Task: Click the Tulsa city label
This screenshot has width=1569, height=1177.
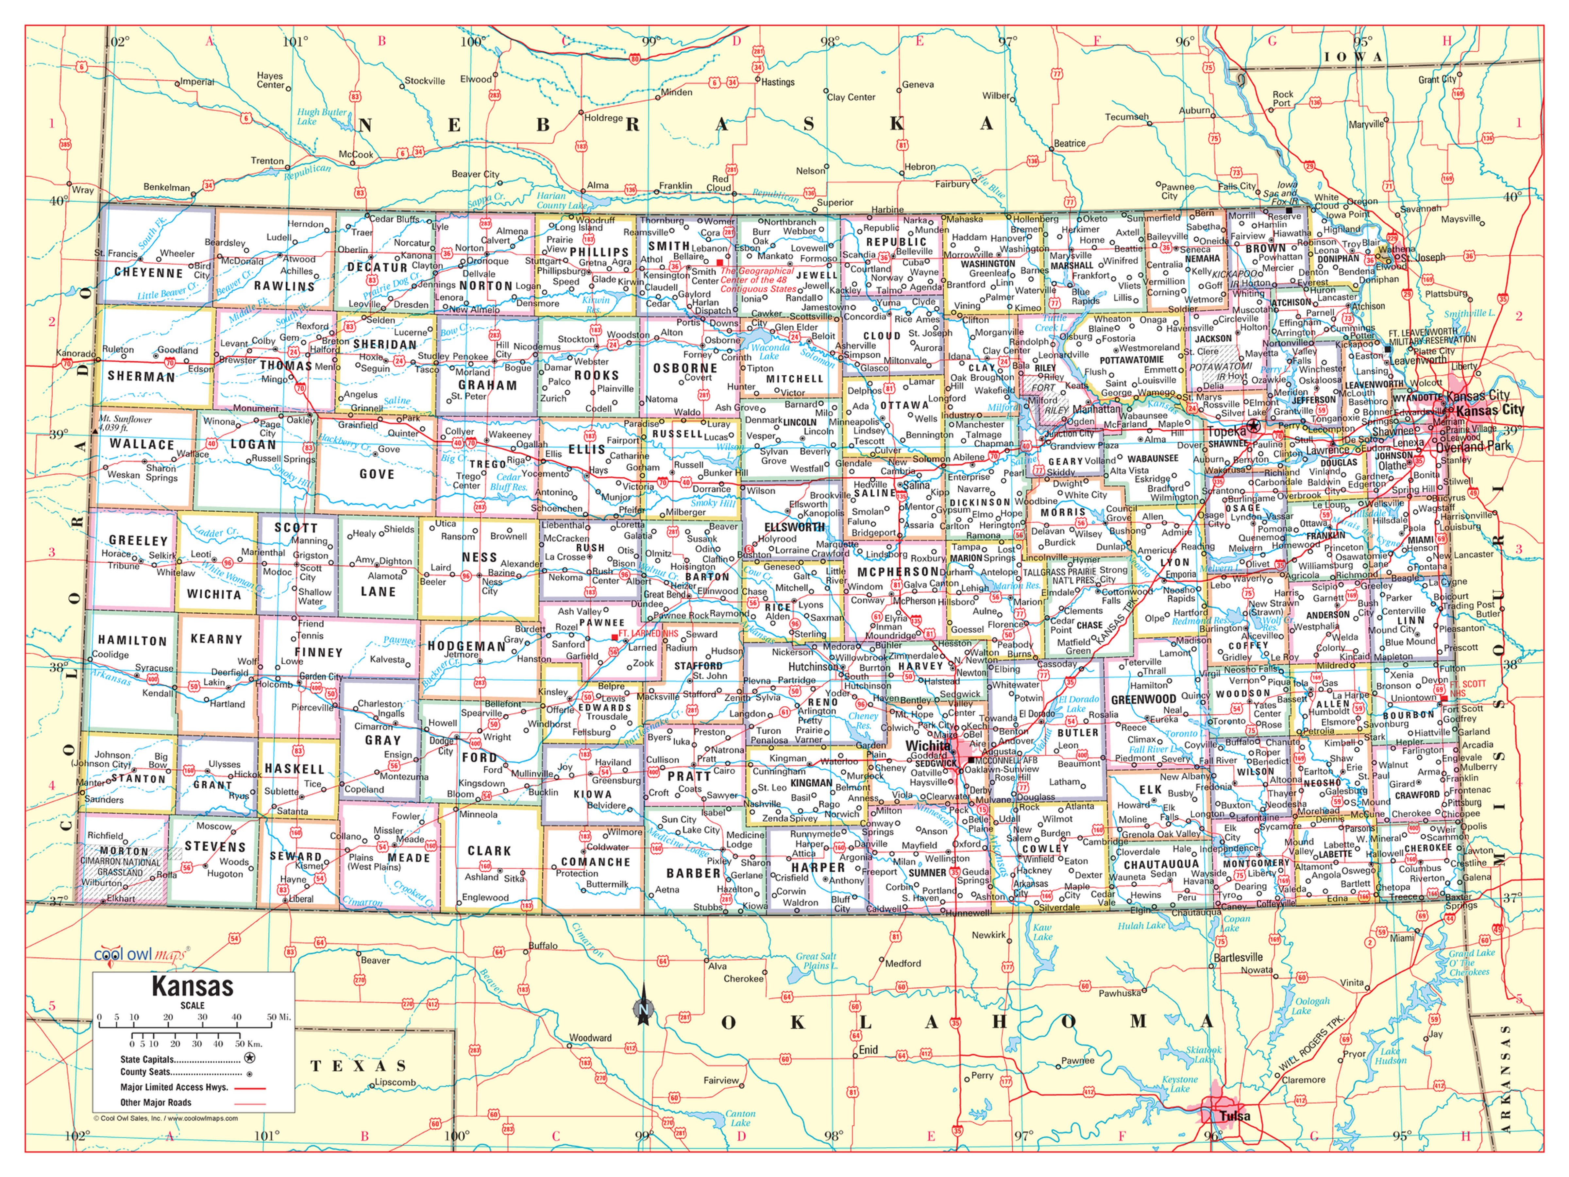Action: (1235, 1116)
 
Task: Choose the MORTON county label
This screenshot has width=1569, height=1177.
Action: (124, 851)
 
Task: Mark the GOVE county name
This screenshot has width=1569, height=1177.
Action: (377, 474)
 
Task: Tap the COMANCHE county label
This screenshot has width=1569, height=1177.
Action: (596, 862)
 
